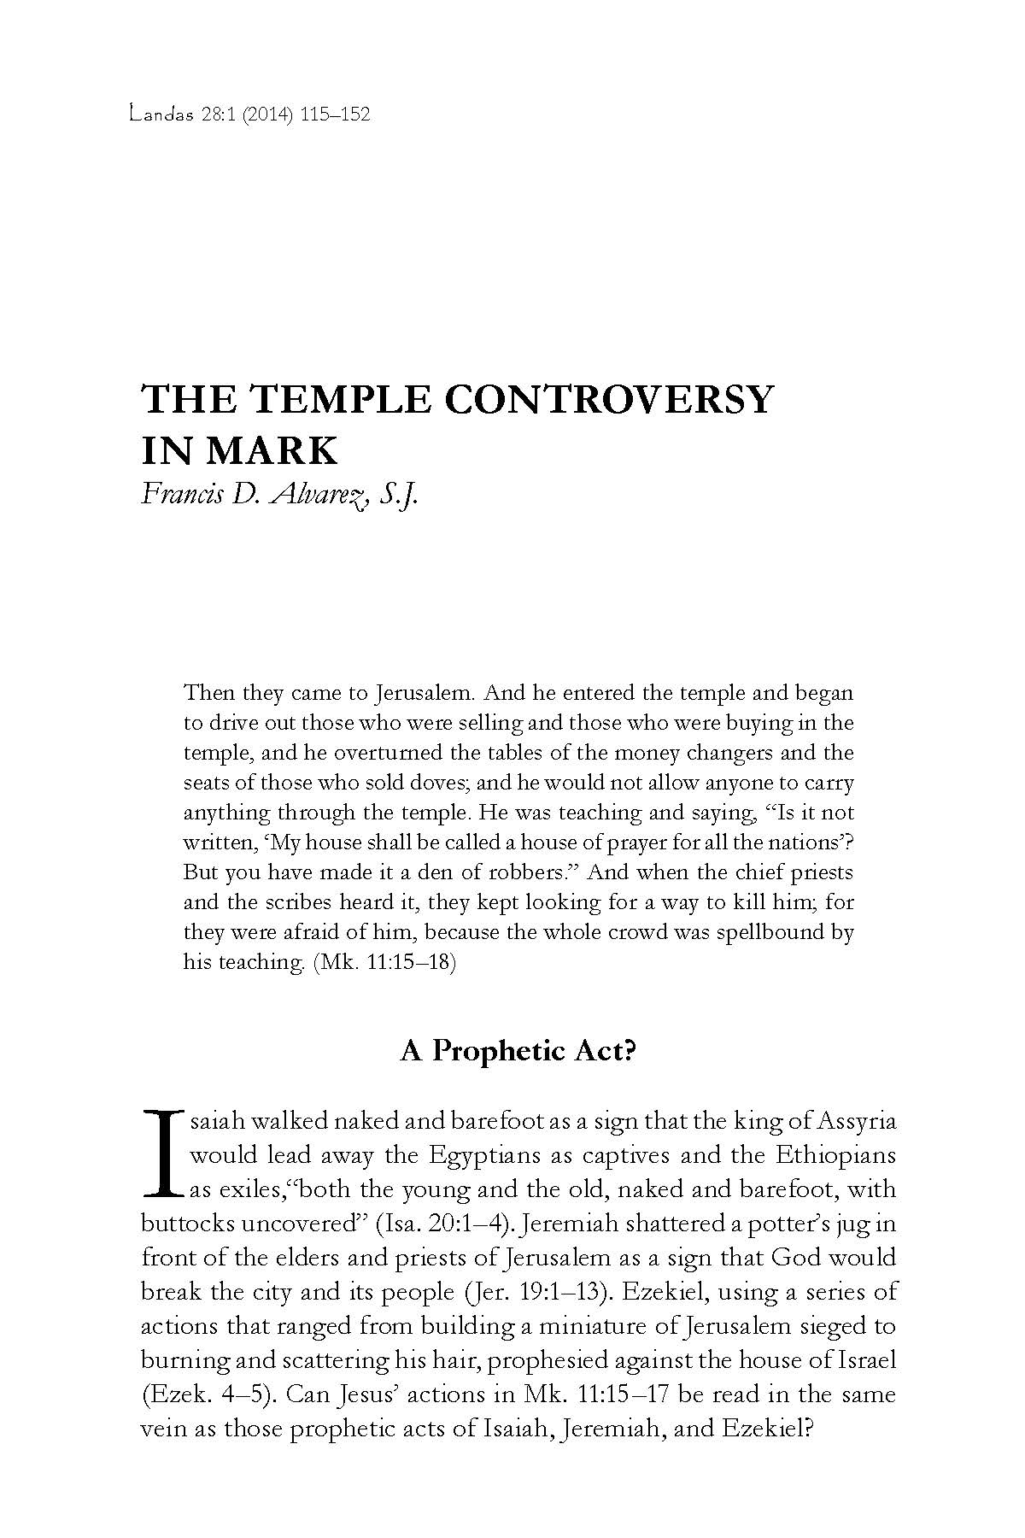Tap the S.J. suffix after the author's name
[x=402, y=496]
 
